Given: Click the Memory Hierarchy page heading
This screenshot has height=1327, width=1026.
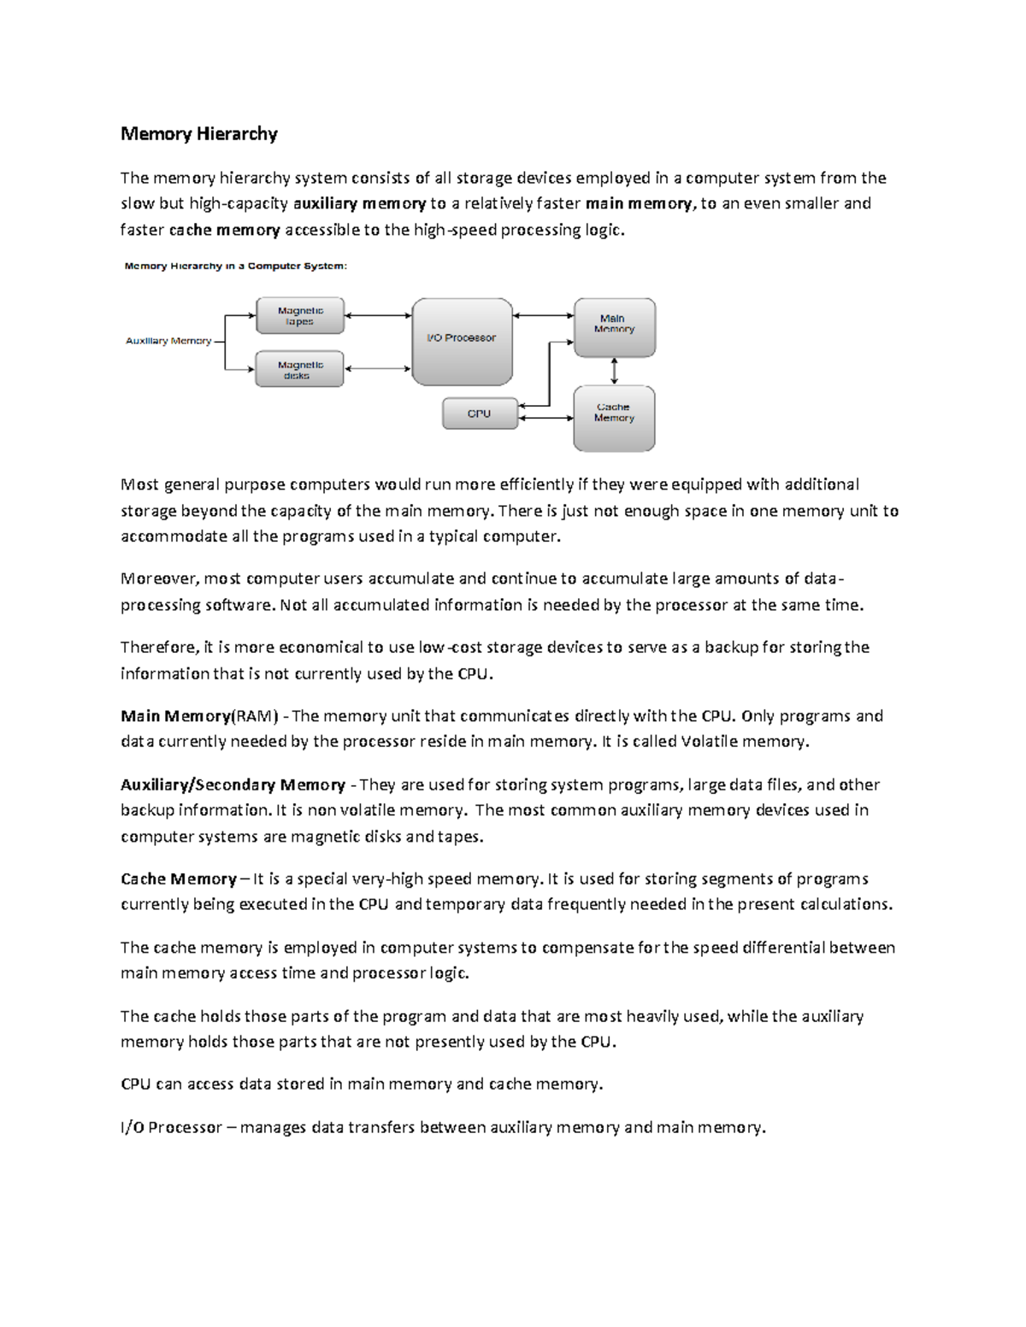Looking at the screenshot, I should [198, 133].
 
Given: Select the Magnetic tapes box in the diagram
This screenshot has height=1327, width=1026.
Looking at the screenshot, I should [300, 316].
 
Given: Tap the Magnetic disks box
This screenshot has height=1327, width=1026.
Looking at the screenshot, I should [299, 369].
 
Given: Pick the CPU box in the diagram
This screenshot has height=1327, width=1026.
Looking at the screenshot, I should [480, 414].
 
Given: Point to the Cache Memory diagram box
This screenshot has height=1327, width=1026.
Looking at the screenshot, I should [614, 418].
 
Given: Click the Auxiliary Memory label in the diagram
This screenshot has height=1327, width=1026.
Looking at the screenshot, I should [168, 341].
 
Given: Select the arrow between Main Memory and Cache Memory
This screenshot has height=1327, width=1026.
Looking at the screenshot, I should [614, 371].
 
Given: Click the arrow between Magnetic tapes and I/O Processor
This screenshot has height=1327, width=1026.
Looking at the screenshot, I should [378, 315].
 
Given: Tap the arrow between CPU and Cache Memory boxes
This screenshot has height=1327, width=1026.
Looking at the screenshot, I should [545, 418].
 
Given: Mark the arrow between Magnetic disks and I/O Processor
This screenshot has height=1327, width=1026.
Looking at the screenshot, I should [378, 369].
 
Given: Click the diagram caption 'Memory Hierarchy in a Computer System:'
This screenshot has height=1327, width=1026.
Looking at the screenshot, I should [236, 266].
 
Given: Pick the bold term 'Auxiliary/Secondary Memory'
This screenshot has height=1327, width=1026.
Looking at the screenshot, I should [233, 784].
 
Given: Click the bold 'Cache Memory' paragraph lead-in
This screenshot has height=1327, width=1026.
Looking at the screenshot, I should [179, 879].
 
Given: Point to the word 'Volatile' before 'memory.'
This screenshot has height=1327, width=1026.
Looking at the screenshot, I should [709, 742].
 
